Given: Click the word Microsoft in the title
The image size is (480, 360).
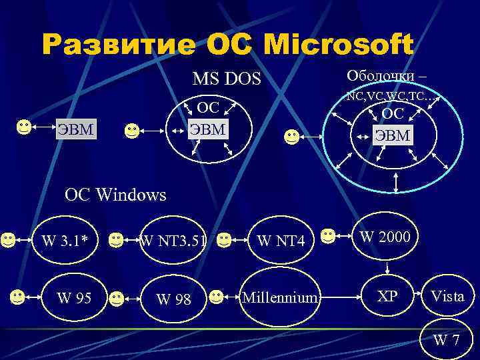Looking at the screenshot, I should tap(339, 45).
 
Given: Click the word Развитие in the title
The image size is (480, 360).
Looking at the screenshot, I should tap(118, 45).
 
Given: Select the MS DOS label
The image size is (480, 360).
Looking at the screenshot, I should tap(227, 79).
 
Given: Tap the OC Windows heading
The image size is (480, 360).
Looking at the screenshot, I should tap(115, 195).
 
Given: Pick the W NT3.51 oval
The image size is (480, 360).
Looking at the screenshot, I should tap(172, 239).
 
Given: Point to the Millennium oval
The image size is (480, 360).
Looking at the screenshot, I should tap(279, 296).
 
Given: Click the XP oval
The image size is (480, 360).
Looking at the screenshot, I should tap(387, 295).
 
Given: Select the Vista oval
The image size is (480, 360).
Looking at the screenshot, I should tap(447, 296).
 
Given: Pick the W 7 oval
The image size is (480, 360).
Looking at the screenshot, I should tap(446, 340).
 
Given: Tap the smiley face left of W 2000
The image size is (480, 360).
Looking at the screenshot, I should tap(327, 235).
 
